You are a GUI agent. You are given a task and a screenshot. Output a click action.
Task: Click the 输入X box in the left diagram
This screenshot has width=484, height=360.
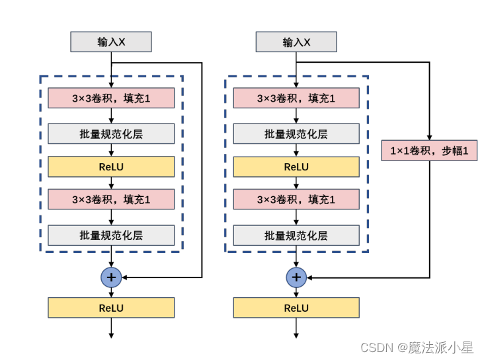(111, 42)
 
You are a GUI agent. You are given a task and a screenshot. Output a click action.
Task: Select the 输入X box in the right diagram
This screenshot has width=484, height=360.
(296, 42)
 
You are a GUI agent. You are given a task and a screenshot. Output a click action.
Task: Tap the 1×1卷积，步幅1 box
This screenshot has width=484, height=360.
(429, 151)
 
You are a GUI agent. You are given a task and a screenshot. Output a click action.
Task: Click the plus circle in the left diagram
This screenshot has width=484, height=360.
(111, 277)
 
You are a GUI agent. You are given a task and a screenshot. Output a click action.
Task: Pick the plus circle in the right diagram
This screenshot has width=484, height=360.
(296, 277)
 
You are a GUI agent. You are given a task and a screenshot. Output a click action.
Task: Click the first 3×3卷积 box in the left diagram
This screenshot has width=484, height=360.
(111, 98)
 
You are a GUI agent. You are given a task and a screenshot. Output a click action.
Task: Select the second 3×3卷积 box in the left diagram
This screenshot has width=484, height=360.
(111, 199)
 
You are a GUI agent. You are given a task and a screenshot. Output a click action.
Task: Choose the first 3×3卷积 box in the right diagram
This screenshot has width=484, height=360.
(296, 98)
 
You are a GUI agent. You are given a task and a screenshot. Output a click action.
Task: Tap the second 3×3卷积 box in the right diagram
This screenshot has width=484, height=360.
(296, 199)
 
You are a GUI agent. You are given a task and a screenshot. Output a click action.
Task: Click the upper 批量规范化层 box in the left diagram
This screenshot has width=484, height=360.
(111, 133)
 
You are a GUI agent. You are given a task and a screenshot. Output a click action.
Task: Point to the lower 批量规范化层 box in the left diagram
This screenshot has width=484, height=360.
(111, 235)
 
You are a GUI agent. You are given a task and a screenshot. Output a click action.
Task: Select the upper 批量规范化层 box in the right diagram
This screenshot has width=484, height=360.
(296, 133)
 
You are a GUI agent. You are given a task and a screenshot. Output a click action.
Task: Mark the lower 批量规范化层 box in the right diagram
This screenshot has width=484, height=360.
(296, 235)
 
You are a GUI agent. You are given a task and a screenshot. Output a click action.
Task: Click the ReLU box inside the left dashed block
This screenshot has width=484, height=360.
(111, 167)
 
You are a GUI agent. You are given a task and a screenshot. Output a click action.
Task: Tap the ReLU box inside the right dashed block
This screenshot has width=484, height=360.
(296, 167)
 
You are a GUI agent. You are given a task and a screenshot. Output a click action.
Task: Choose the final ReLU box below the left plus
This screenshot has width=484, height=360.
(111, 308)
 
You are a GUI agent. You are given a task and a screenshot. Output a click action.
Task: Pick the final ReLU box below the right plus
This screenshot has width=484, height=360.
(296, 308)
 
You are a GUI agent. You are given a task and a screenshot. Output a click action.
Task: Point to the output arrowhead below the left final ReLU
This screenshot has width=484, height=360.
(111, 336)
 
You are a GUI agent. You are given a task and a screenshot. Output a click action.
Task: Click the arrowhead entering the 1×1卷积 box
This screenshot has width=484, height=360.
(429, 137)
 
